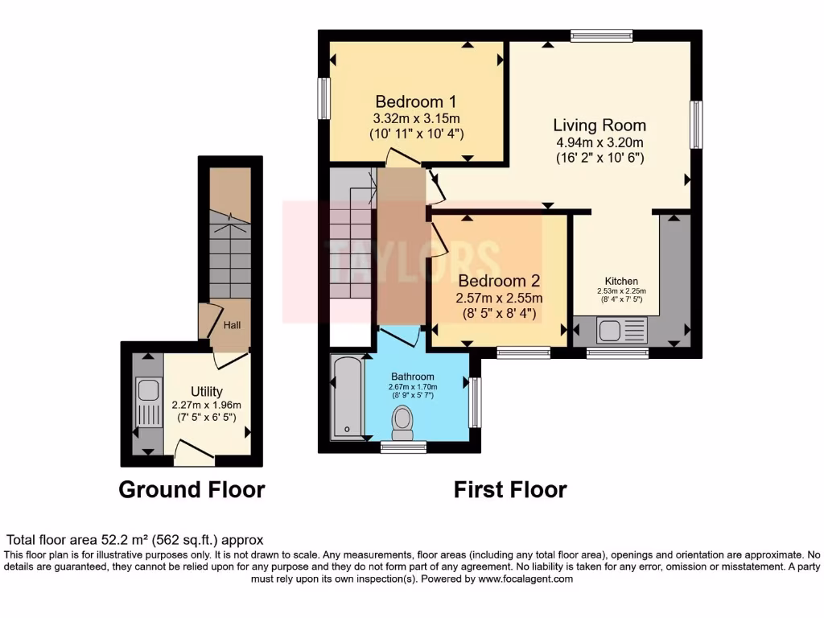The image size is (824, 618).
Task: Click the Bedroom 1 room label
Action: (x=416, y=102)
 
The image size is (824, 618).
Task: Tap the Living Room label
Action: (x=599, y=126)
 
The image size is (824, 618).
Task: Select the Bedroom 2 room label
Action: (x=499, y=281)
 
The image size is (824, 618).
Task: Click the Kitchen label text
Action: (x=621, y=281)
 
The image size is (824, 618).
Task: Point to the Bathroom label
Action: (x=413, y=377)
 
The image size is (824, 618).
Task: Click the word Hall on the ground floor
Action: (x=233, y=325)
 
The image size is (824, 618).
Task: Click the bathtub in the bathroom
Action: (x=347, y=398)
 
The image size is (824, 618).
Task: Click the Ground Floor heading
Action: (x=192, y=489)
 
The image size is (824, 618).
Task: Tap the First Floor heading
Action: (x=510, y=489)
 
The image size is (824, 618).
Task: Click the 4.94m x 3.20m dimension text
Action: (x=599, y=142)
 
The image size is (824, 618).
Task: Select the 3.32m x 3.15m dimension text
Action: (x=416, y=118)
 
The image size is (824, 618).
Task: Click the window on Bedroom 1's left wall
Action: (x=323, y=99)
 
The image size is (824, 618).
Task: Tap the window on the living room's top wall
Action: (x=601, y=35)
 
